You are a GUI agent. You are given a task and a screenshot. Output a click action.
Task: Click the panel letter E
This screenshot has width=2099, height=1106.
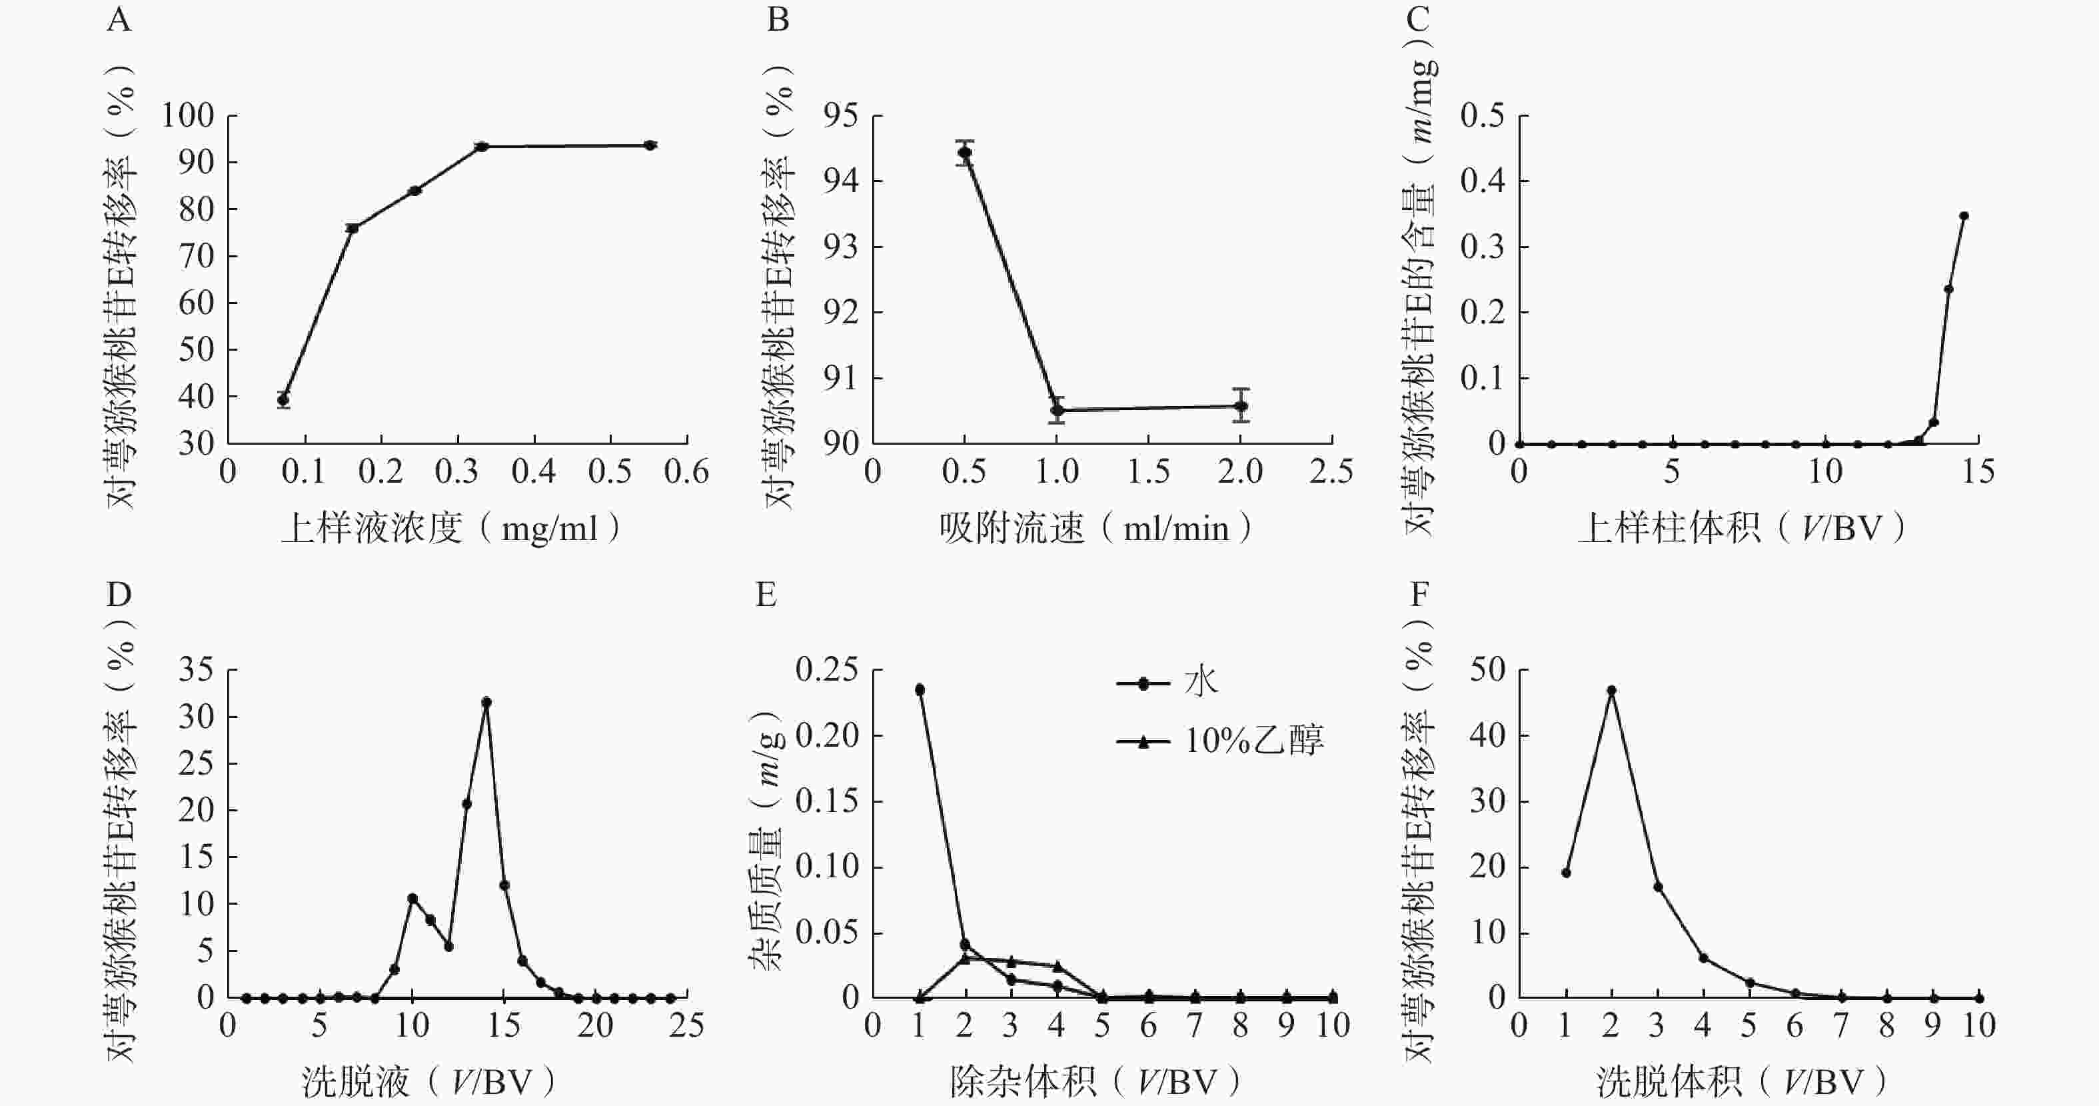[766, 595]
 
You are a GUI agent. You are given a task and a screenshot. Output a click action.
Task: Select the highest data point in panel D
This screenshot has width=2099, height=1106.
[486, 702]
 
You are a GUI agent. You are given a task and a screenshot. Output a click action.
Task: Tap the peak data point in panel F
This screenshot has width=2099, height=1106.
[1611, 690]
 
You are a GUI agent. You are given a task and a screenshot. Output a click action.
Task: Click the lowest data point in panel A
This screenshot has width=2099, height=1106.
[284, 399]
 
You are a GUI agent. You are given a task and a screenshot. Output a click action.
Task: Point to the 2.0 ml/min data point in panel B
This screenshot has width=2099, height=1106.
[1241, 405]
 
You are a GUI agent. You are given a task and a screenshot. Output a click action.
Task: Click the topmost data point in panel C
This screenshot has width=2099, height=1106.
[1964, 216]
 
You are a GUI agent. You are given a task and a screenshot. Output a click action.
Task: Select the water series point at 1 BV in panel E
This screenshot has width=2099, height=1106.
[920, 689]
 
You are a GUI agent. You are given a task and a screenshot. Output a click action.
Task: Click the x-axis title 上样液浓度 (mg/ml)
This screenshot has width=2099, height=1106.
[452, 529]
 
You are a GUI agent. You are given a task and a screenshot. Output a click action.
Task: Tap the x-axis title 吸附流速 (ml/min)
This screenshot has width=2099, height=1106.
[1094, 529]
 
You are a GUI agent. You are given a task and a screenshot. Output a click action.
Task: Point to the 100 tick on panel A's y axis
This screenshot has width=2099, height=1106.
[187, 116]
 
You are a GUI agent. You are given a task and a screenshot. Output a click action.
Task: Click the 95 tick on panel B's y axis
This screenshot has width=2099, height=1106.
[840, 116]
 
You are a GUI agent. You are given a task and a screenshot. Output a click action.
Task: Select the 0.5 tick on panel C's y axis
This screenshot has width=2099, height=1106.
[1482, 116]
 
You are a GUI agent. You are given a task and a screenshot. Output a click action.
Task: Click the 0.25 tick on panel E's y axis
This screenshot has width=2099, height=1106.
[827, 670]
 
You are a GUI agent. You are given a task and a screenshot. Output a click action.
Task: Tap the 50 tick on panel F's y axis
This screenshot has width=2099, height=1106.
[1487, 670]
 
